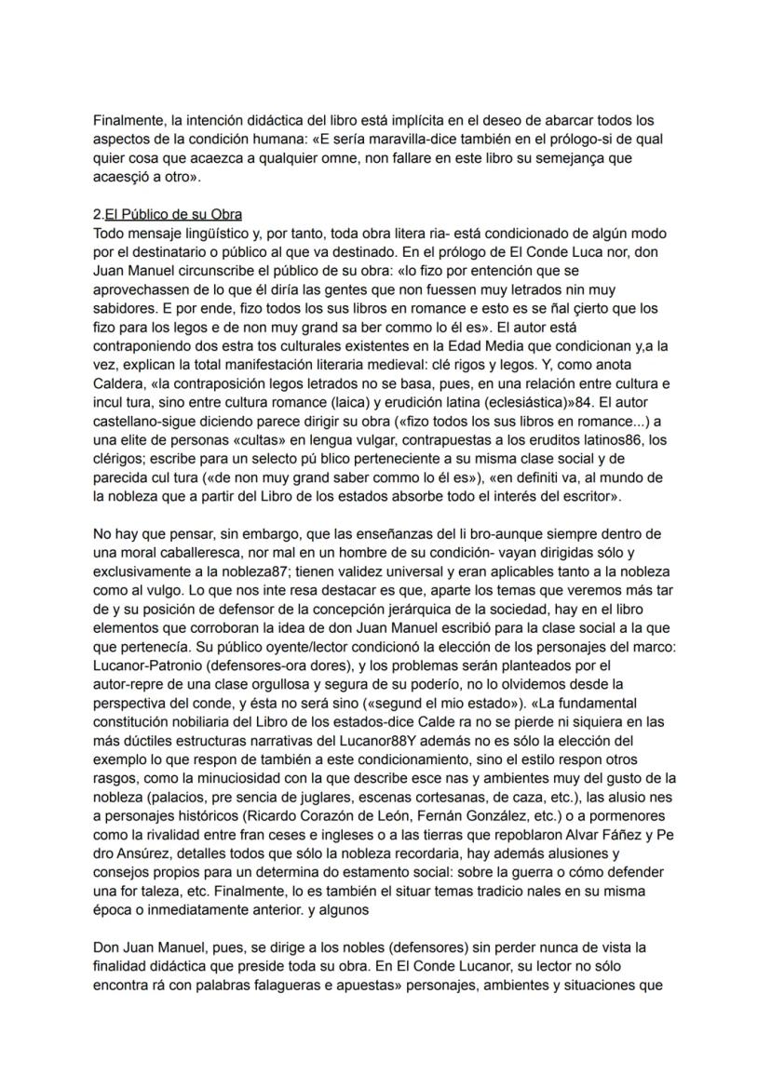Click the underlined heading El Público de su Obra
pos(173,215)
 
